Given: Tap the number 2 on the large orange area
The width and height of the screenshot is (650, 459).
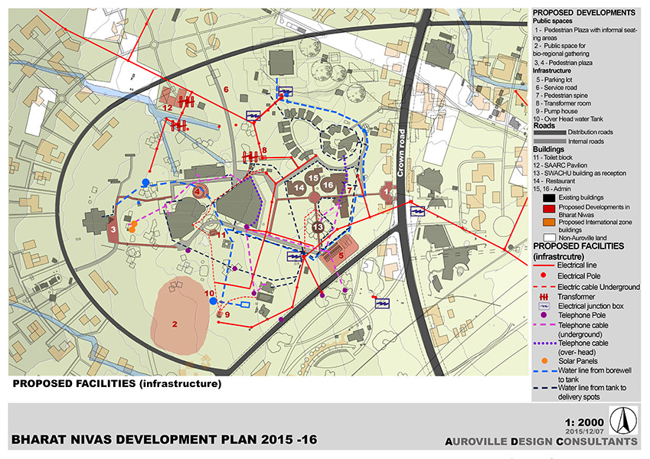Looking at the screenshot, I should pos(175,324).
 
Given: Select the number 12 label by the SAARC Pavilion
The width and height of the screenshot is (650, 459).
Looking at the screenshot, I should pos(166,109).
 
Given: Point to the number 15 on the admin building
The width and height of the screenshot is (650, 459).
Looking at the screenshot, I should pos(312,178).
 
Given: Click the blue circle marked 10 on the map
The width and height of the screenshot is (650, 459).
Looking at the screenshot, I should pos(213,301).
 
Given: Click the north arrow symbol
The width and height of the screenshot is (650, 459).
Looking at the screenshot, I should pos(622,420).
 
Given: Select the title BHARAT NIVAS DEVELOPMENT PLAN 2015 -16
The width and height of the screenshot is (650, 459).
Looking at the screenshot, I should pos(164,441).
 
